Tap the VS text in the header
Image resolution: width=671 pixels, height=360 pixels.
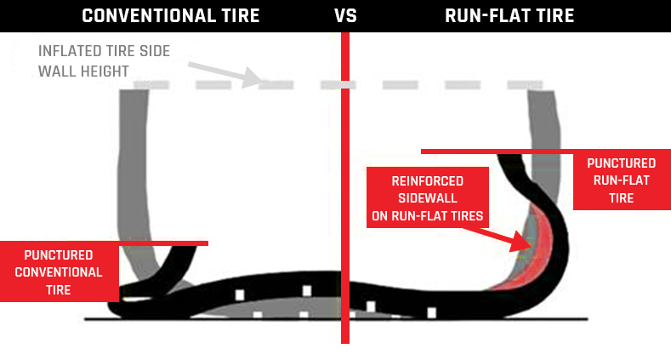click(x=344, y=15)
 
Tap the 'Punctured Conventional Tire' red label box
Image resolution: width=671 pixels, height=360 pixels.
click(x=58, y=271)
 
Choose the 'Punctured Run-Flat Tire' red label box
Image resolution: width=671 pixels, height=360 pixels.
click(x=621, y=180)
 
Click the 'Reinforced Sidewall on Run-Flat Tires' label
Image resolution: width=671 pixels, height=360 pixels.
click(x=427, y=198)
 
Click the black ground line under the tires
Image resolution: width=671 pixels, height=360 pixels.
click(x=255, y=319)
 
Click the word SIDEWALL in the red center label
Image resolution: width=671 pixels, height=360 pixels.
click(x=427, y=198)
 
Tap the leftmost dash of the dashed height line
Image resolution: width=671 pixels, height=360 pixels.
click(x=145, y=85)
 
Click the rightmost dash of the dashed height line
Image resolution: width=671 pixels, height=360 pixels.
click(x=524, y=85)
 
